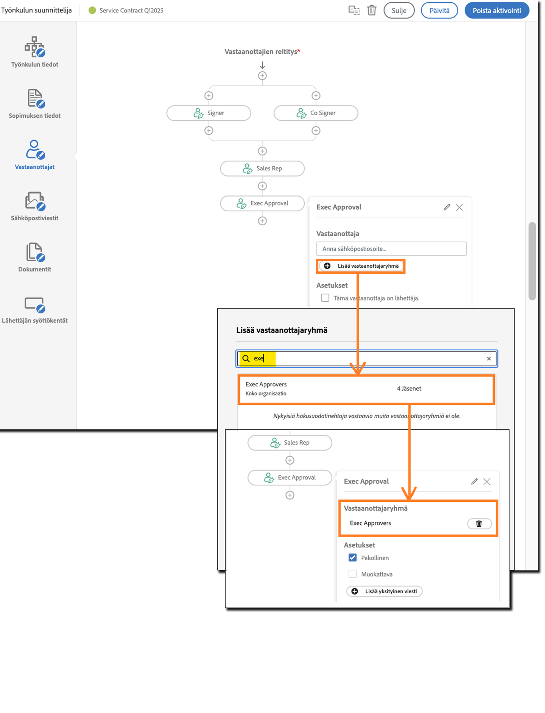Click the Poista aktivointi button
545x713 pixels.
pyautogui.click(x=497, y=11)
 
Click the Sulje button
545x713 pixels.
pyautogui.click(x=399, y=11)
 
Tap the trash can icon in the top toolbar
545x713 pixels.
pyautogui.click(x=372, y=10)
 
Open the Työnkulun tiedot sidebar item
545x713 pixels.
pyautogui.click(x=34, y=52)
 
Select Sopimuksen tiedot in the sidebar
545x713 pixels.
pyautogui.click(x=34, y=104)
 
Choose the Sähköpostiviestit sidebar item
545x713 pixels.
pyautogui.click(x=34, y=206)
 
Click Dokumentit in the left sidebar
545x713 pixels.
pyautogui.click(x=34, y=257)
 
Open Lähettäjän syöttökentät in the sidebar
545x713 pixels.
pyautogui.click(x=34, y=309)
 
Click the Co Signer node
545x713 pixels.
pyautogui.click(x=316, y=113)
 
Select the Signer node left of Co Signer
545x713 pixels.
pyautogui.click(x=209, y=113)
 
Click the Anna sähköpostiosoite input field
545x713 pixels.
pyautogui.click(x=391, y=249)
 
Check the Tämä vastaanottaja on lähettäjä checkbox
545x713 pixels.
pyautogui.click(x=325, y=298)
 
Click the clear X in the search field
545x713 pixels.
pyautogui.click(x=489, y=358)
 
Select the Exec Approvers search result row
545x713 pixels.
pyautogui.click(x=366, y=389)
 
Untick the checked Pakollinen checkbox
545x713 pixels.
pyautogui.click(x=353, y=558)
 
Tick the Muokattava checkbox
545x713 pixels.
pyautogui.click(x=353, y=574)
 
